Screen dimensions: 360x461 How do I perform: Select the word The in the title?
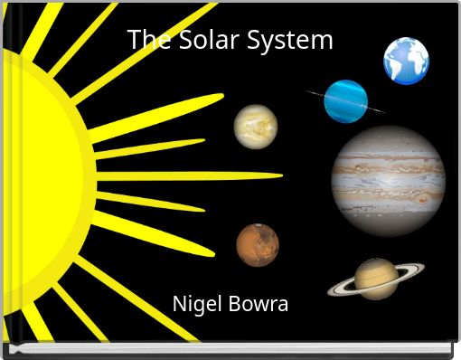(145, 41)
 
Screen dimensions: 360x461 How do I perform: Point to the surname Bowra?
(259, 304)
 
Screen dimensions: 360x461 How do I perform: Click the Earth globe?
(406, 61)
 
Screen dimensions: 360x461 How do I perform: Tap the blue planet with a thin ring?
(346, 100)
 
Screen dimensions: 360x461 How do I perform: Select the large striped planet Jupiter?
(388, 181)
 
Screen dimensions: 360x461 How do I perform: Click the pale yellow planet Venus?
(256, 127)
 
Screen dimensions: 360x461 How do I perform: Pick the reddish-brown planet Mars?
(258, 245)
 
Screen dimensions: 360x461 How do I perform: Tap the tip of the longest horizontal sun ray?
(280, 175)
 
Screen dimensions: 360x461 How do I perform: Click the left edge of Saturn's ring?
(331, 290)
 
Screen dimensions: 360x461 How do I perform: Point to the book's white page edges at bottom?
(226, 346)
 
